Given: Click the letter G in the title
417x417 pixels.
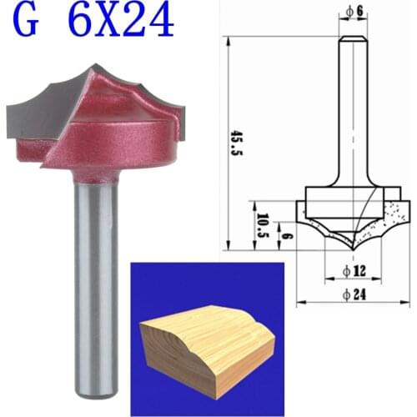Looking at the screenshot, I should tap(28, 22).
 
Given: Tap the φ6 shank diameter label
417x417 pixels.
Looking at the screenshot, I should tap(352, 11).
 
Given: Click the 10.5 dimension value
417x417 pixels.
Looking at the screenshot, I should tap(262, 226).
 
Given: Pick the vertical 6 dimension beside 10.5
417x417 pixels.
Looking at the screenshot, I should tap(283, 238).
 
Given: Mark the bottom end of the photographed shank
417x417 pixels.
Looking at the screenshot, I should tap(93, 392).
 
